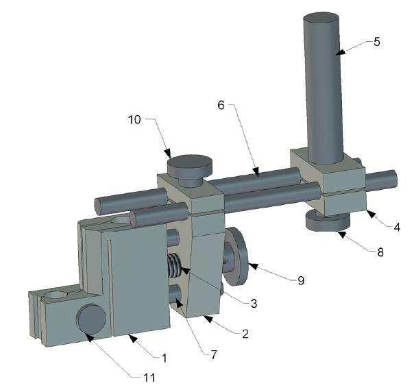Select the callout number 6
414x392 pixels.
tap(221, 107)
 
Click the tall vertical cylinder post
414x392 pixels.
tap(320, 82)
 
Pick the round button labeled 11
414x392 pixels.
tap(90, 320)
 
